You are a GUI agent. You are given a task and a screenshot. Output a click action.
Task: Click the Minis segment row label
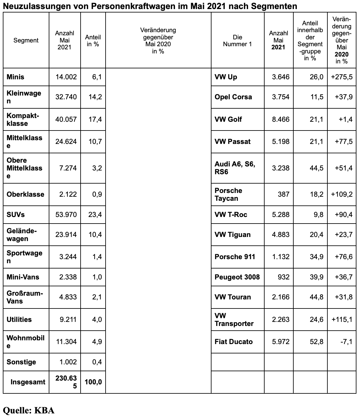click(15, 77)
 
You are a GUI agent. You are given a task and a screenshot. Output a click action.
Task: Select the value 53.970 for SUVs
click(66, 214)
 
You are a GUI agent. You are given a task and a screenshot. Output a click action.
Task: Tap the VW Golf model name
click(228, 119)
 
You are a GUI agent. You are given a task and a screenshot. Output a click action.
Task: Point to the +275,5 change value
click(342, 77)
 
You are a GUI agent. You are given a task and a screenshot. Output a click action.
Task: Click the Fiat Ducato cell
click(233, 342)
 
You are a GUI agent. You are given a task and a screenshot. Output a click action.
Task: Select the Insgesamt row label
click(28, 382)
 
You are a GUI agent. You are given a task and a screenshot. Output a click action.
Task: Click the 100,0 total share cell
click(93, 382)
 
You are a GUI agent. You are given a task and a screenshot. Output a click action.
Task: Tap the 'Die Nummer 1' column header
click(237, 41)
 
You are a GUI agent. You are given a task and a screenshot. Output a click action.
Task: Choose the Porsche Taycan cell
click(228, 195)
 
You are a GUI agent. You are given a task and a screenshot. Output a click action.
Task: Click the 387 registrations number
click(283, 194)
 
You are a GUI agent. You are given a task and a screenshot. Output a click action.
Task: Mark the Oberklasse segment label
click(25, 194)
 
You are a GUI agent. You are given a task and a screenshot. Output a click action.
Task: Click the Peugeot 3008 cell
click(237, 277)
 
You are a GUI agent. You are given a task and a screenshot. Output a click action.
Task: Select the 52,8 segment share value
click(316, 342)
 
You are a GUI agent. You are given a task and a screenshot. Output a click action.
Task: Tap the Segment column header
click(26, 40)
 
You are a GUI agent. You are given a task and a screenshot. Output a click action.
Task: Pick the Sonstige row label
click(21, 362)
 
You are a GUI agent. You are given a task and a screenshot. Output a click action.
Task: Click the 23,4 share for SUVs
click(95, 214)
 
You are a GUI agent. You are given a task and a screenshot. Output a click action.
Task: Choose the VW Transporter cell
click(234, 319)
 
